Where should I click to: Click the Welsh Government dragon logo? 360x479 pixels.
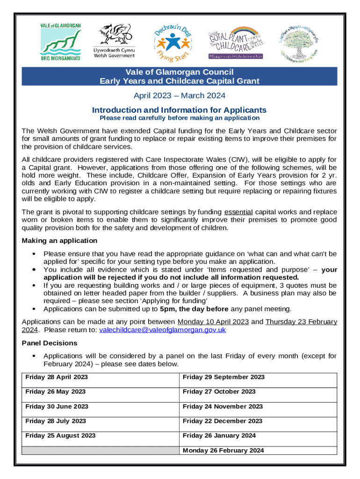(114, 41)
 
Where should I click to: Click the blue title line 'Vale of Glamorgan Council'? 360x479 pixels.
(180, 72)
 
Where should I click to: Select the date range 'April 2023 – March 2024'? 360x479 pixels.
(180, 96)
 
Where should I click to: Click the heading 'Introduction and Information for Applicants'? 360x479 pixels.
(180, 110)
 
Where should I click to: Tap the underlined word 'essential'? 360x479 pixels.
(238, 212)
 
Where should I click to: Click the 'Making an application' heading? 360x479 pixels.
(60, 240)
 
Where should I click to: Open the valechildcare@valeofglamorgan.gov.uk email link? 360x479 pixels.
(163, 330)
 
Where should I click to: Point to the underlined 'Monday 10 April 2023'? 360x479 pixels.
(213, 322)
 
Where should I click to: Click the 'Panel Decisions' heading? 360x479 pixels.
(50, 343)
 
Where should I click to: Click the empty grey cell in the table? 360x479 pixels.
(100, 450)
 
